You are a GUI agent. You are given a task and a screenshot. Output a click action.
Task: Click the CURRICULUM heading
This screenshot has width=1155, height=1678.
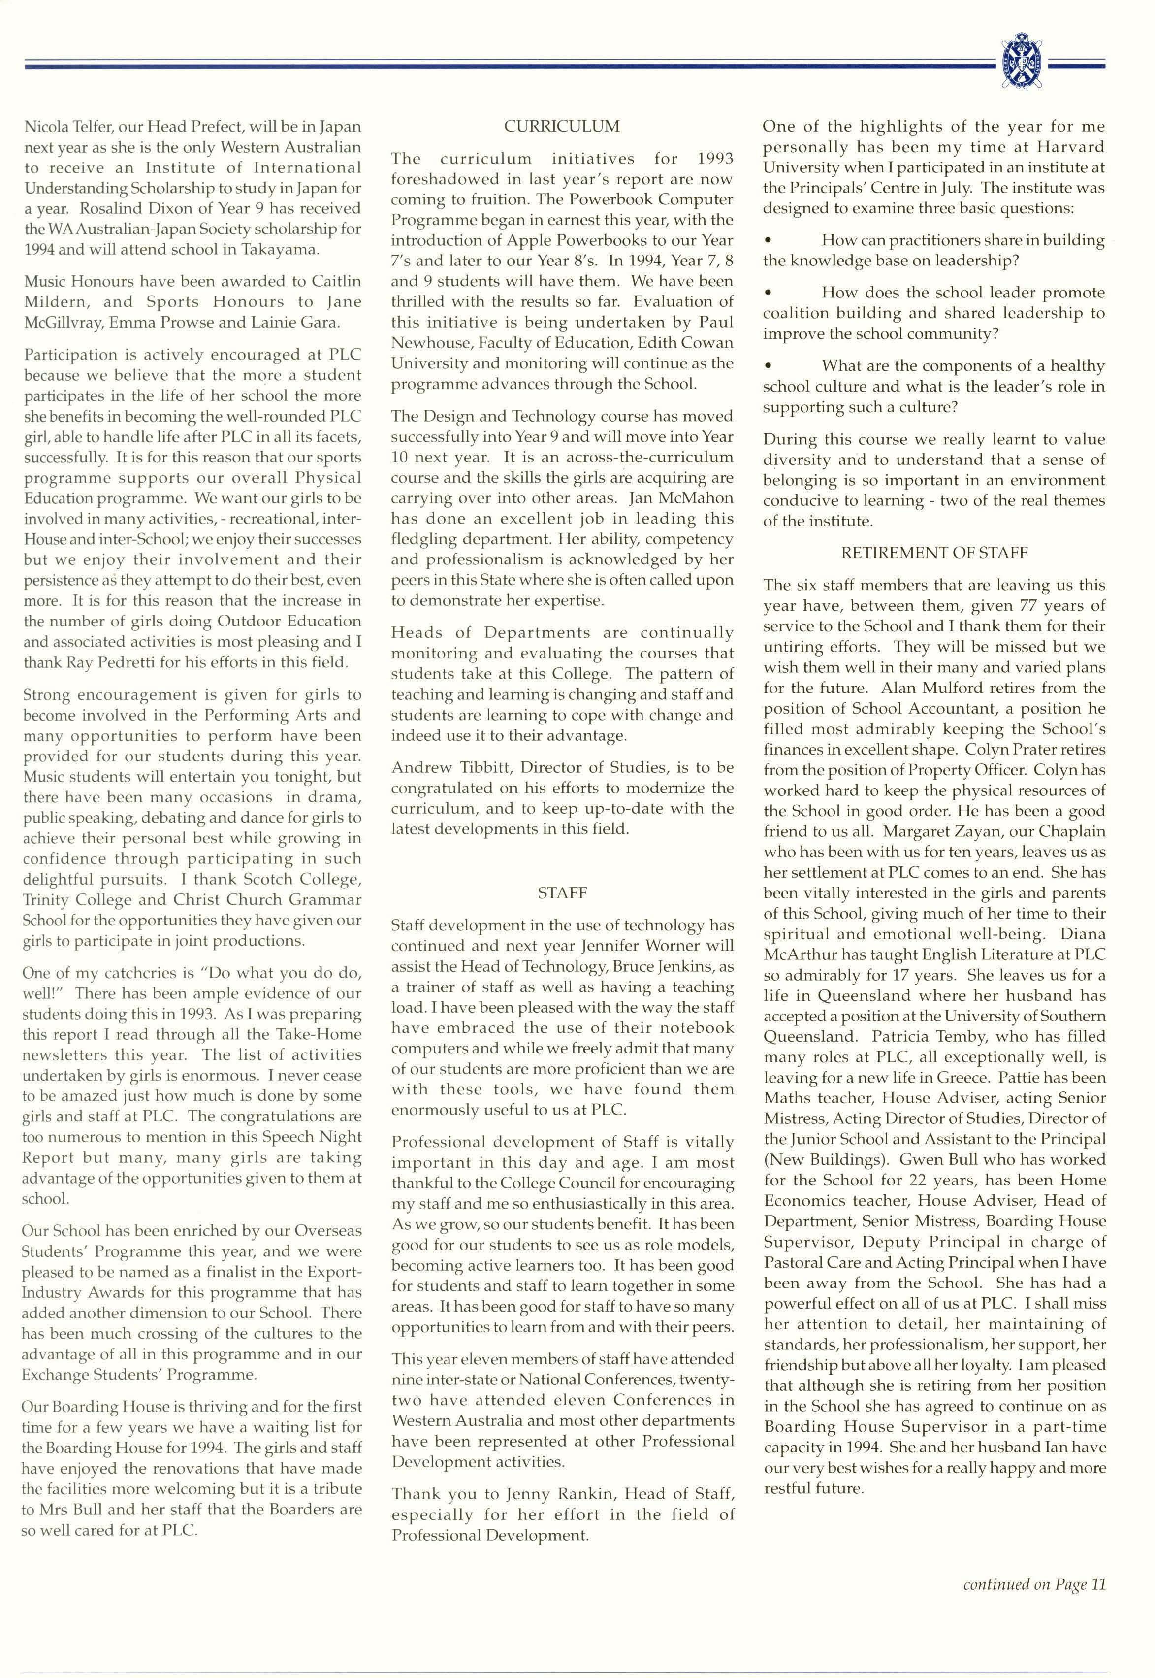point(562,126)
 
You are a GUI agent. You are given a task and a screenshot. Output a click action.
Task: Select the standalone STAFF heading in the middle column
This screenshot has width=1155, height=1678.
point(562,893)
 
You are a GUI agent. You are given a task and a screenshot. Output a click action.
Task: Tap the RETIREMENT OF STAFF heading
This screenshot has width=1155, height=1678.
point(933,552)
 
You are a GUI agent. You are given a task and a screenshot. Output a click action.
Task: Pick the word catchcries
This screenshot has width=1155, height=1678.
point(121,973)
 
